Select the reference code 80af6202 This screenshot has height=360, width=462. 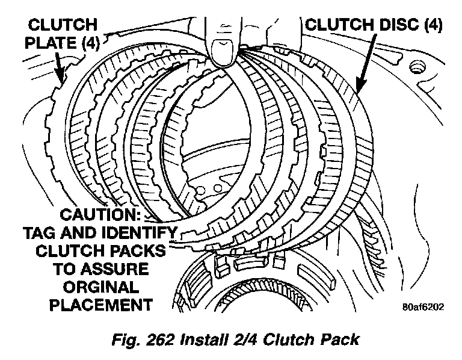423,307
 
